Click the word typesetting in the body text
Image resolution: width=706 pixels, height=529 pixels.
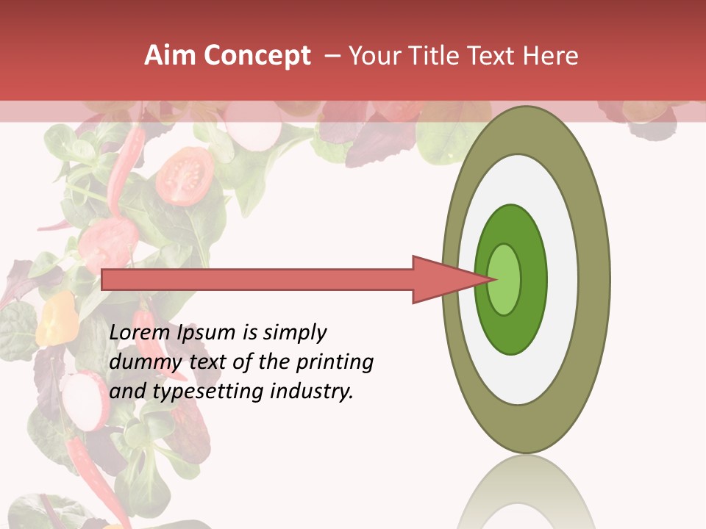[x=209, y=392]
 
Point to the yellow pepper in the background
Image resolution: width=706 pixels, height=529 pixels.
[x=57, y=317]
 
